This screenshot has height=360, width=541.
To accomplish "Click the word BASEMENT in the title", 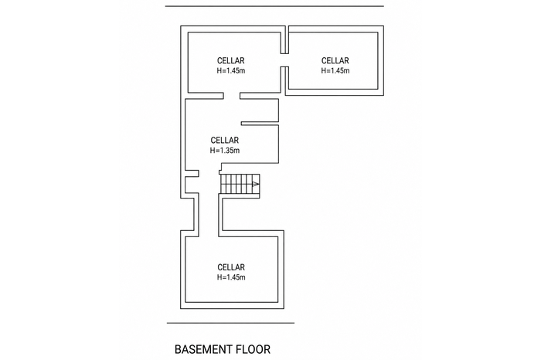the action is click(203, 349).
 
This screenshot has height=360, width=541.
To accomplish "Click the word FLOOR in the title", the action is click(253, 349).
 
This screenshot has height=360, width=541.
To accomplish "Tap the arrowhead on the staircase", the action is click(256, 184).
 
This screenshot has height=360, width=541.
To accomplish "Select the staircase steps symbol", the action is click(240, 184).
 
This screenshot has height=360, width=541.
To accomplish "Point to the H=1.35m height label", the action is click(225, 151).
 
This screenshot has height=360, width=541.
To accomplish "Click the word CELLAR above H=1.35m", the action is click(225, 141).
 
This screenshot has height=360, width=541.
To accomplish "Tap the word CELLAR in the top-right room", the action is click(335, 61).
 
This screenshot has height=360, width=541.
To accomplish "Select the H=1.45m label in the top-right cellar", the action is click(335, 71).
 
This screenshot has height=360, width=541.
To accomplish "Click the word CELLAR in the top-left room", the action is click(231, 61).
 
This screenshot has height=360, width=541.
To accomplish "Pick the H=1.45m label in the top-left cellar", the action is click(231, 71).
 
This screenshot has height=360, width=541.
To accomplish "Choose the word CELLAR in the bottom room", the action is click(231, 267).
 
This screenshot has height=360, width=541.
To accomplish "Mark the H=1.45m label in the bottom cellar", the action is click(231, 277).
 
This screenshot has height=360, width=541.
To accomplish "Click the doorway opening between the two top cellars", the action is click(284, 60).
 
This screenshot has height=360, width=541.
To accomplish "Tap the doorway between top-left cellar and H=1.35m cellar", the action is click(232, 96).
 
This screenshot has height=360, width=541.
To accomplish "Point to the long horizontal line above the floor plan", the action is click(274, 6).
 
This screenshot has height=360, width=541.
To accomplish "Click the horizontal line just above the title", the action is click(230, 323).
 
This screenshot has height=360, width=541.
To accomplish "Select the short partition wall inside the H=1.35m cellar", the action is click(260, 124).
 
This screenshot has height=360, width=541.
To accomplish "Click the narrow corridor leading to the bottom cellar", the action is click(209, 215).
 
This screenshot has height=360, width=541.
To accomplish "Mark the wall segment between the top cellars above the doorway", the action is click(284, 39).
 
